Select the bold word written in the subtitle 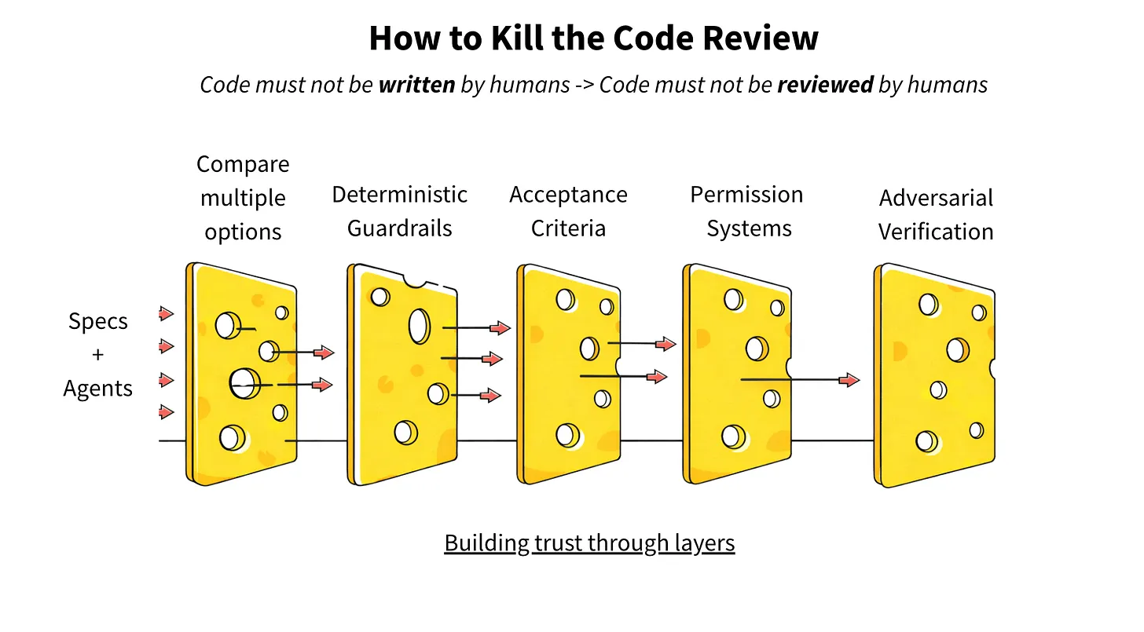[x=416, y=85]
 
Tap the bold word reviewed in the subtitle [x=825, y=85]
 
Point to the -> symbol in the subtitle [x=585, y=85]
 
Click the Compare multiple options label [x=243, y=198]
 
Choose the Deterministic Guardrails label [x=399, y=211]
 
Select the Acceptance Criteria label [x=568, y=211]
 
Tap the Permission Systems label [x=746, y=211]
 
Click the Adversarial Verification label [x=936, y=214]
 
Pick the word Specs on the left [x=98, y=321]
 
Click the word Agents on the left [x=98, y=388]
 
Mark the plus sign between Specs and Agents [x=97, y=355]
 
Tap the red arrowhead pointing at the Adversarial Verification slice [x=849, y=380]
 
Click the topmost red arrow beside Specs [x=166, y=314]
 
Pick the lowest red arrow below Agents [x=166, y=411]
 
